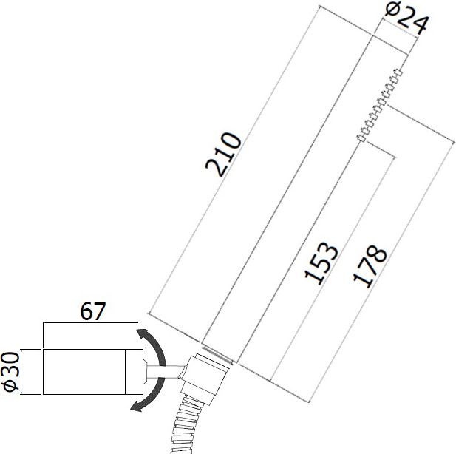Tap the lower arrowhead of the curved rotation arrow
(x=136, y=406)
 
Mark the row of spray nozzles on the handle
(x=381, y=104)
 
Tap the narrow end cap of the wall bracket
(x=139, y=372)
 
